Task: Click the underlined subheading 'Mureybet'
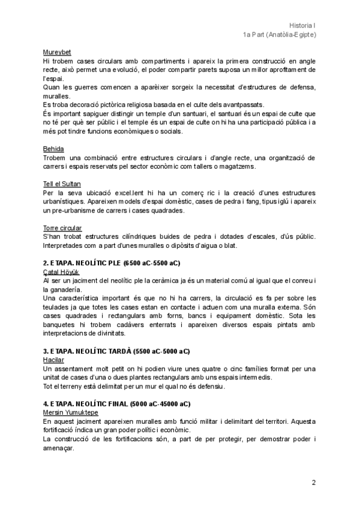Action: pos(58,52)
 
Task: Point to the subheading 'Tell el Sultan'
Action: pos(62,183)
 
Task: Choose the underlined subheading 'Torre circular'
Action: pos(62,228)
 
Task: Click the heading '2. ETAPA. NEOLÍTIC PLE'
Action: pos(112,264)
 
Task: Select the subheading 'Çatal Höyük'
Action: pos(62,272)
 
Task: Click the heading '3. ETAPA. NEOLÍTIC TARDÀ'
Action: pos(116,351)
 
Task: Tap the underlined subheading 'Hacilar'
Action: pos(54,360)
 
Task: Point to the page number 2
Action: pos(313,483)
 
